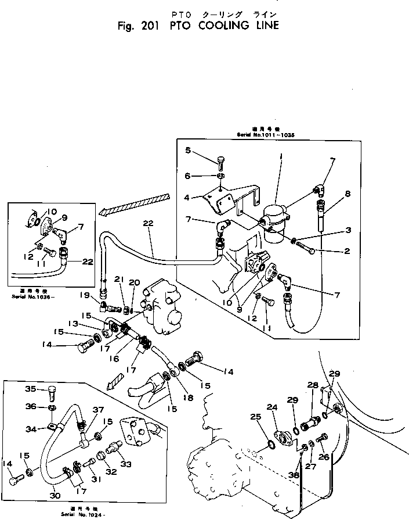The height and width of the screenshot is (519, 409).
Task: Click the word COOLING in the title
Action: (x=218, y=26)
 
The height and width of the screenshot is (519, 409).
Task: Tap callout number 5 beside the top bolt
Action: (x=187, y=151)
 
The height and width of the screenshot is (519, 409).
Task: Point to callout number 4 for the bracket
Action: (x=186, y=197)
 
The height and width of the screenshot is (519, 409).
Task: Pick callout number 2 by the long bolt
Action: (x=348, y=251)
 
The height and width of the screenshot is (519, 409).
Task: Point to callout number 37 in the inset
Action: (x=98, y=410)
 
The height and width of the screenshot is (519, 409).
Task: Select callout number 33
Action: (x=126, y=464)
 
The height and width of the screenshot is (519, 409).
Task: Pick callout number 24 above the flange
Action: (x=272, y=407)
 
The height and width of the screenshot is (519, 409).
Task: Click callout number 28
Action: (x=313, y=385)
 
